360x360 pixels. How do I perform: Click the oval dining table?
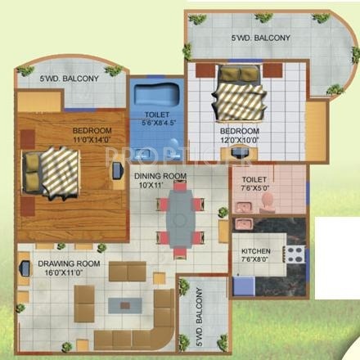click(179, 218)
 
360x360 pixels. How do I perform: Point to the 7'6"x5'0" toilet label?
click(249, 180)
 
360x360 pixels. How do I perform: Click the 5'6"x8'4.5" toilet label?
click(157, 121)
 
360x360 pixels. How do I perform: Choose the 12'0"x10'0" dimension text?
click(239, 139)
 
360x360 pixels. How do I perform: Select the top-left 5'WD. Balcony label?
click(70, 79)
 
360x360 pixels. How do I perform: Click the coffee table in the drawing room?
click(124, 304)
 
